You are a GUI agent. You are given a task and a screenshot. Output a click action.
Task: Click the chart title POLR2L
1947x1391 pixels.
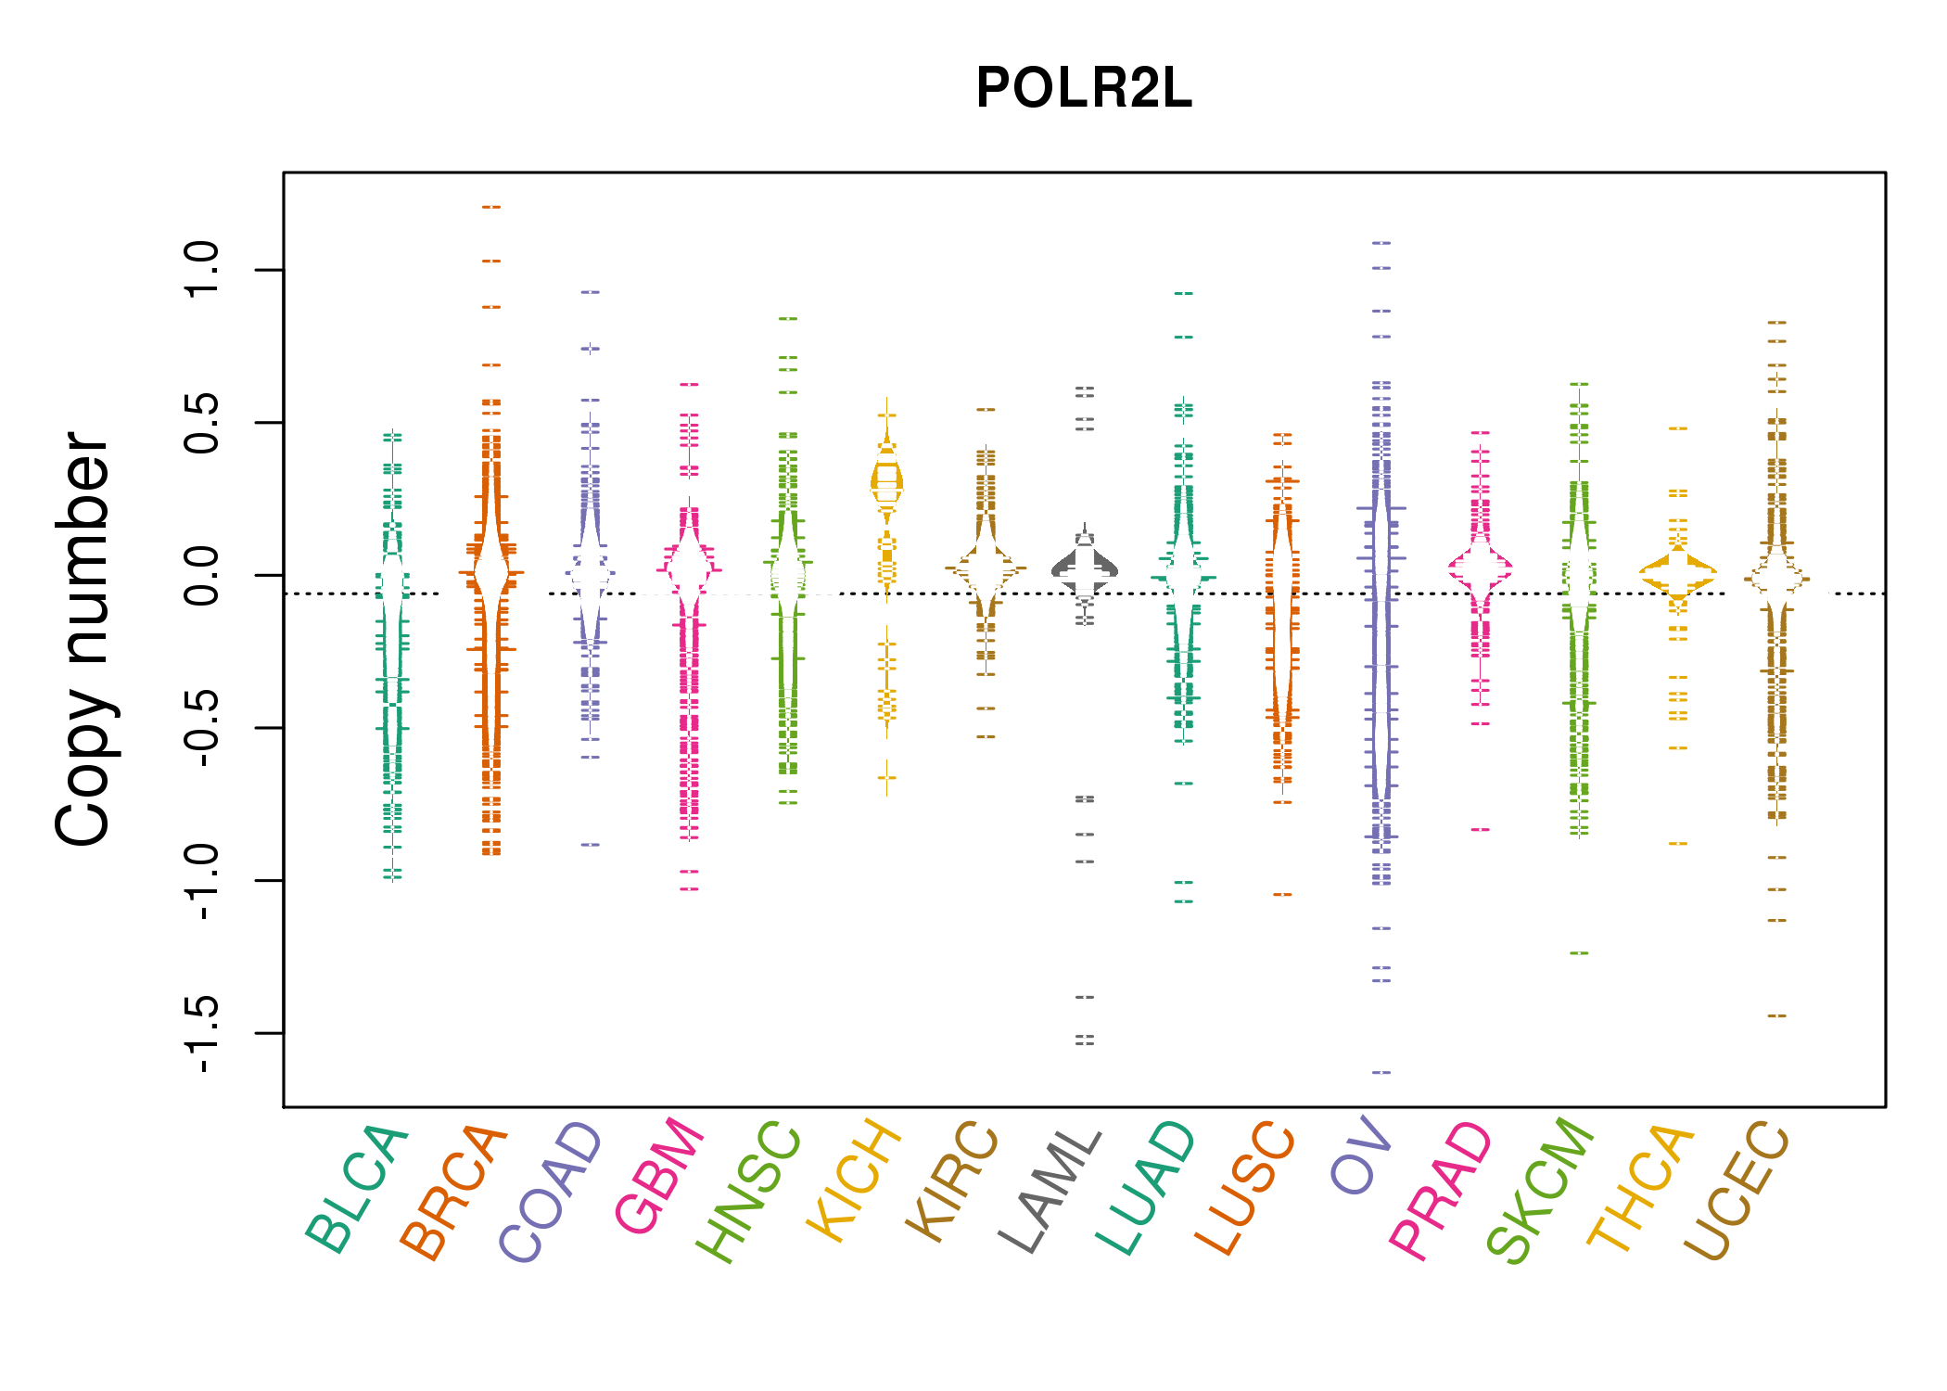(x=1083, y=88)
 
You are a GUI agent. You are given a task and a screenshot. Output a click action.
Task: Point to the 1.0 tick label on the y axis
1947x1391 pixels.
(x=201, y=270)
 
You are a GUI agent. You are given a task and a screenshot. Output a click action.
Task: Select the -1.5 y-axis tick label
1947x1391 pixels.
(x=201, y=1033)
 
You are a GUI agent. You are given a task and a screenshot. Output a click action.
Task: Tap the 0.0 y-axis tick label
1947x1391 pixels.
(x=201, y=575)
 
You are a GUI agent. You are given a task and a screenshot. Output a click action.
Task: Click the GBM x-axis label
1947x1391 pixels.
(x=659, y=1178)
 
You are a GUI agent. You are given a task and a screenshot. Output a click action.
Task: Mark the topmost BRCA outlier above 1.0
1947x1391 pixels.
(x=491, y=207)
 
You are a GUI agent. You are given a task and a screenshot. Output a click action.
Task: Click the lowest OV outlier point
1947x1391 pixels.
(x=1381, y=1072)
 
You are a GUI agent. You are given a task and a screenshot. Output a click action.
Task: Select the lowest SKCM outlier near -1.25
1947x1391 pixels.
(x=1579, y=952)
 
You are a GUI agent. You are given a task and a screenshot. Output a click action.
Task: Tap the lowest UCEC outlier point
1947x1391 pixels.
(x=1776, y=1015)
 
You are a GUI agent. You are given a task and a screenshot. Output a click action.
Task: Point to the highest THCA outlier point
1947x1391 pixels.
(x=1678, y=428)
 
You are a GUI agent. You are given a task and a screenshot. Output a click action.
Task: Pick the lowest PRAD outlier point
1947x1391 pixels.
(x=1481, y=829)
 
